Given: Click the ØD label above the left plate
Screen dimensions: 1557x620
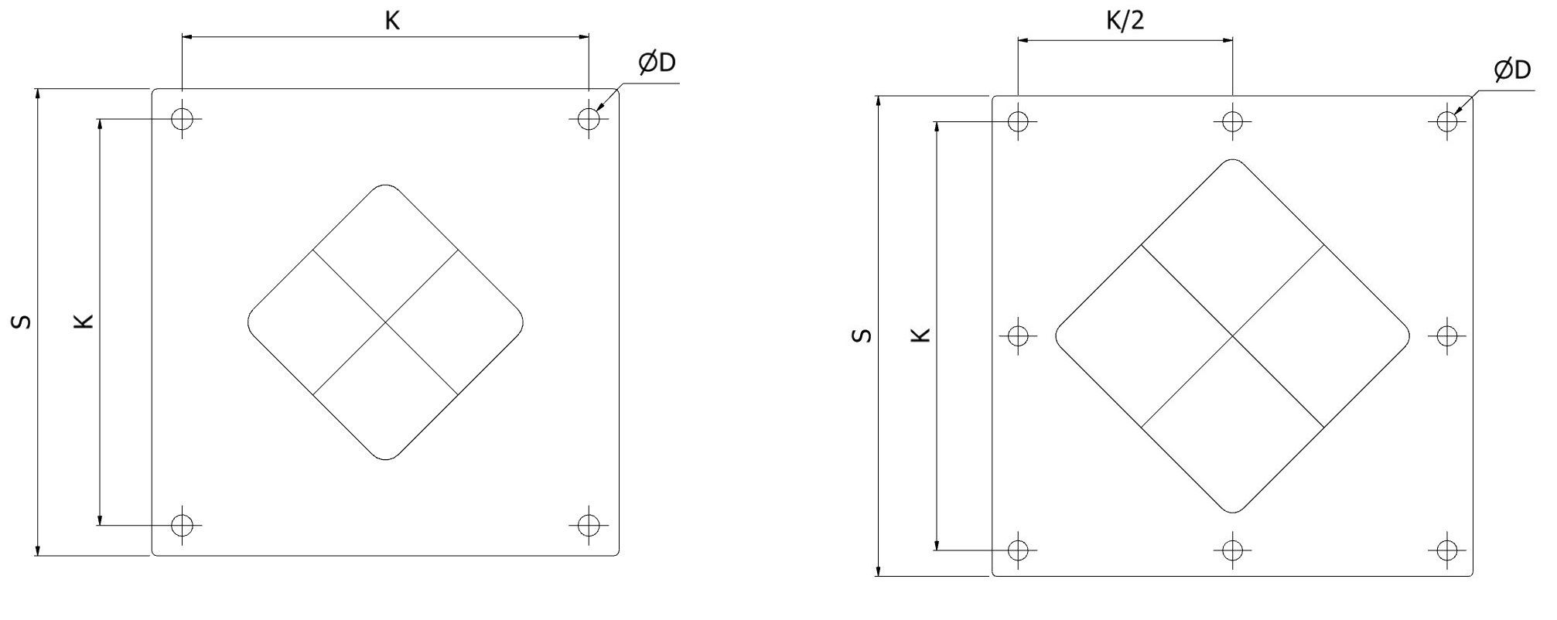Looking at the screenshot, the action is [x=657, y=63].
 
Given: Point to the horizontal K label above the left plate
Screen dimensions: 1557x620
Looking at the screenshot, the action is [x=392, y=21].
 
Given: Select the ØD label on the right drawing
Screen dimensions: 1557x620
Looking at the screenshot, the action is [x=1512, y=70].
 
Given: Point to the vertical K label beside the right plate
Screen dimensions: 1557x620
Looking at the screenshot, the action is [x=920, y=335].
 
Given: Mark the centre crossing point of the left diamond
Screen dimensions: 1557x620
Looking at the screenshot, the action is [x=385, y=322].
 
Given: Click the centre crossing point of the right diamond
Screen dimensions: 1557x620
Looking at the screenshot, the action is [x=1232, y=336].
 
